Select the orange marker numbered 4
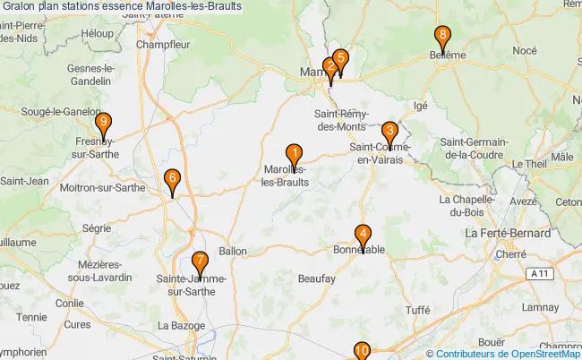363,235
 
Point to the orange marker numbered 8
442,38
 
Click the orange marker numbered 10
362,351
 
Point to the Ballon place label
232,252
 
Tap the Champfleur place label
160,42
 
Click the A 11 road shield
537,272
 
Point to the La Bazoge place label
177,324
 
